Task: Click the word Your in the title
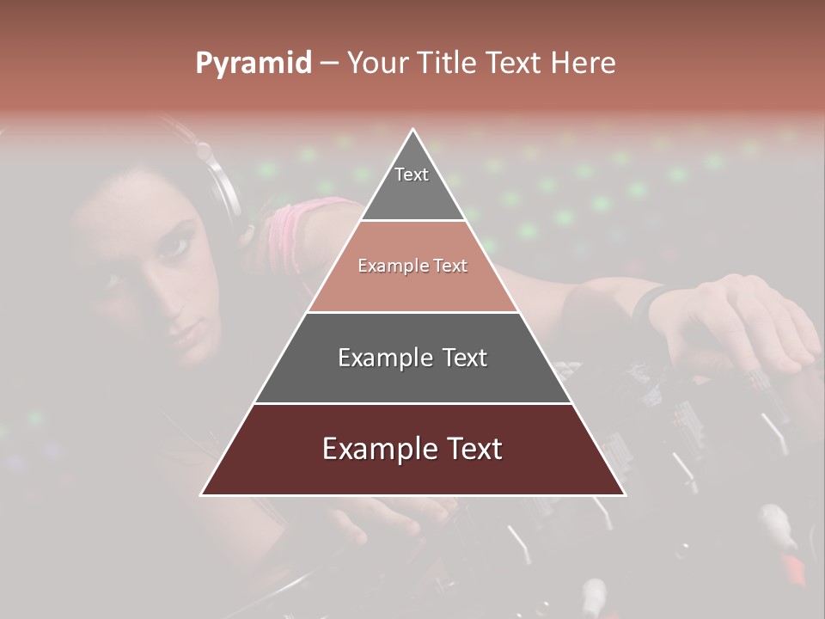click(378, 64)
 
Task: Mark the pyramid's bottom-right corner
click(624, 494)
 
